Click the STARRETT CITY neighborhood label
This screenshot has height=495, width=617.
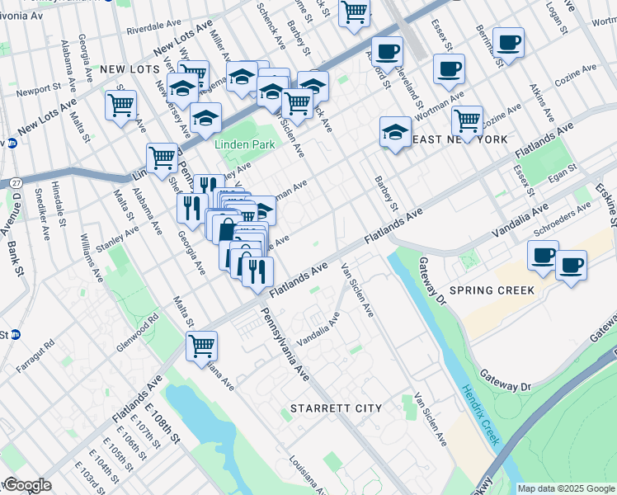click(335, 408)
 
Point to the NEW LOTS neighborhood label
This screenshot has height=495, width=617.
click(129, 71)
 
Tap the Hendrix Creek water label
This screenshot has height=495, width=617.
click(481, 416)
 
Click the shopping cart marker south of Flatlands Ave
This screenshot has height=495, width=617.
click(201, 346)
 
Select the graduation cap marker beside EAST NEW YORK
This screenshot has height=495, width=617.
click(396, 132)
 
